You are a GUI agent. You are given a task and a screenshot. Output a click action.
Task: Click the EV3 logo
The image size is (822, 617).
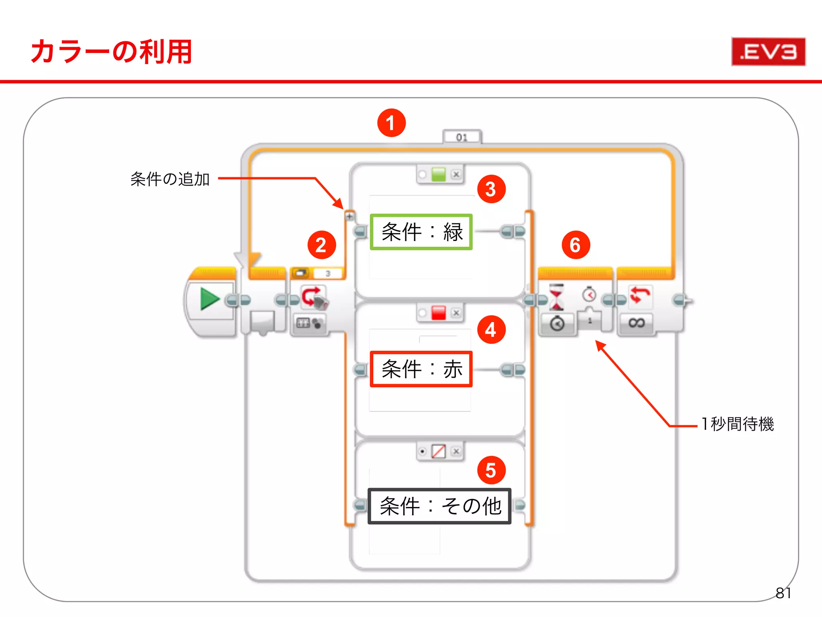[768, 51]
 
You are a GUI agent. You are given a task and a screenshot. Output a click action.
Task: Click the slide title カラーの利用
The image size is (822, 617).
[111, 52]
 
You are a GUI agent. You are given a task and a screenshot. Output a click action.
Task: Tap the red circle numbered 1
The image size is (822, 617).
[391, 123]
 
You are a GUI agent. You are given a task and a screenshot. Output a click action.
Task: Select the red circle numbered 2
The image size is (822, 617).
[321, 245]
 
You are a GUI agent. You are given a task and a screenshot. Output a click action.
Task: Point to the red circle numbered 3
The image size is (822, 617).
[491, 189]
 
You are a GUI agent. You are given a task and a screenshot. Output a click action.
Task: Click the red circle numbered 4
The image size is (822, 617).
[491, 330]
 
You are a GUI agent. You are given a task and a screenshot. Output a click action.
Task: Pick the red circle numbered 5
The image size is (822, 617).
[491, 470]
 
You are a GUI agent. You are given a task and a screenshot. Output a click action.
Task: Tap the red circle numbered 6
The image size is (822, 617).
[575, 245]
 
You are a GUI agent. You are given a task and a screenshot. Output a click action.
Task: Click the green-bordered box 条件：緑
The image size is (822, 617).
[421, 232]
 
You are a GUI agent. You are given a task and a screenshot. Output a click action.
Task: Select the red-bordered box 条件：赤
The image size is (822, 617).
[421, 369]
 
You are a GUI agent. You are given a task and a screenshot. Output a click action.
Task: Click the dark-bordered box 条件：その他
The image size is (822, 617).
[439, 506]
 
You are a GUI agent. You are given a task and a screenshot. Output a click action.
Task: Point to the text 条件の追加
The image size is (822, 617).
[170, 179]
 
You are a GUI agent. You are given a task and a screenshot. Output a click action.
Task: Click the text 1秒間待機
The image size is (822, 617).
[738, 424]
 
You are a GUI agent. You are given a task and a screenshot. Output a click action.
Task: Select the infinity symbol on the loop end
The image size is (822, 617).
[637, 323]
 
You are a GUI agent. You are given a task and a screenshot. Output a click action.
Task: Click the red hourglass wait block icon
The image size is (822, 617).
[556, 297]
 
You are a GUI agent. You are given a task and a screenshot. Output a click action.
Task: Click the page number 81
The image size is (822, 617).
[783, 593]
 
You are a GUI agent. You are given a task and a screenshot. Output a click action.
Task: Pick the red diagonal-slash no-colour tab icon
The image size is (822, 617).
[438, 451]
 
